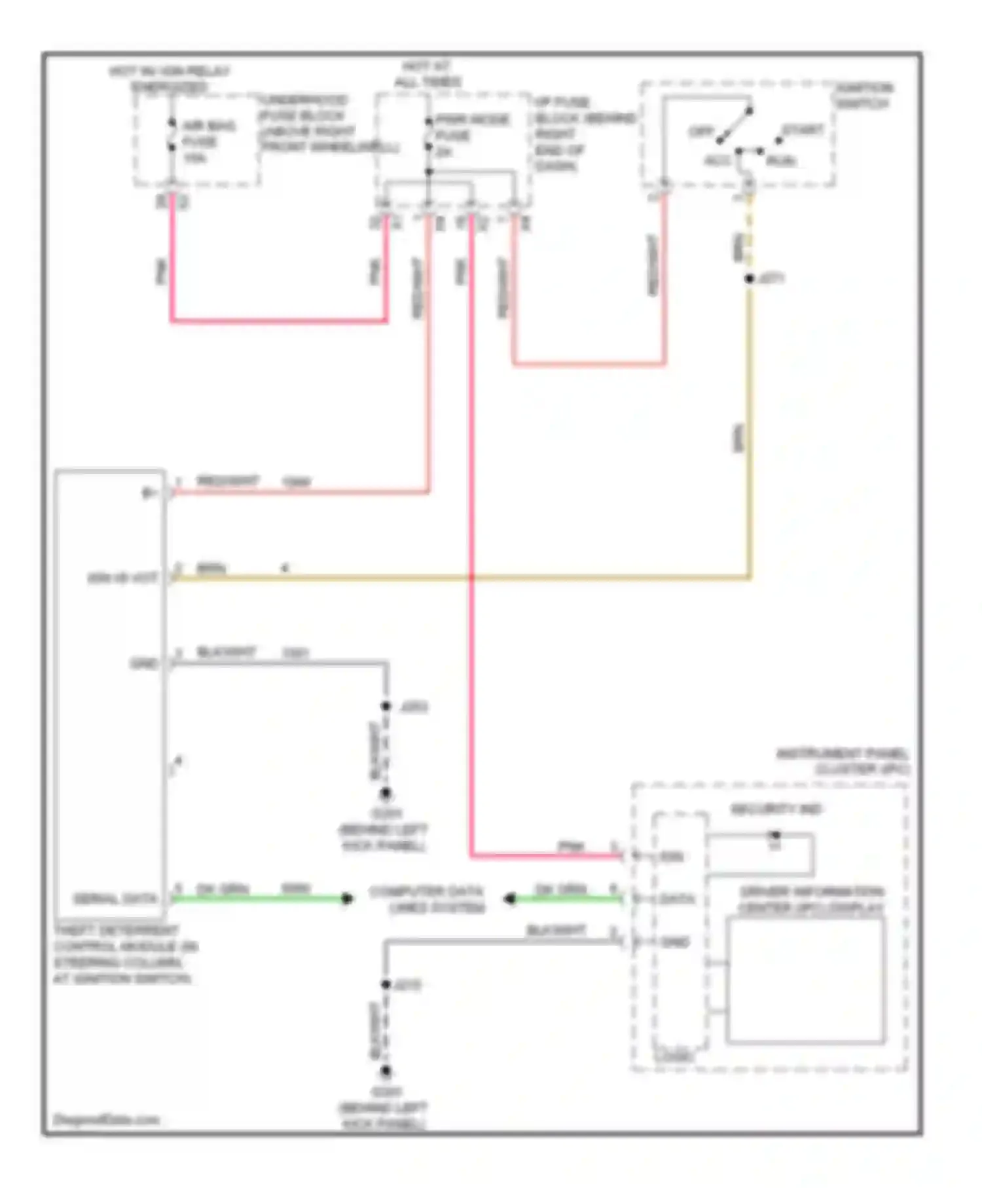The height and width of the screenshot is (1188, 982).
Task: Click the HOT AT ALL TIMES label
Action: click(x=427, y=74)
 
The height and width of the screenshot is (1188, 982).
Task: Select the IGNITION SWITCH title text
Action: click(x=864, y=96)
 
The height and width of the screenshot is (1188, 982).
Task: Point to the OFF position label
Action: click(x=700, y=132)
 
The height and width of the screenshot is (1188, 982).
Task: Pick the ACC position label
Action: click(x=718, y=160)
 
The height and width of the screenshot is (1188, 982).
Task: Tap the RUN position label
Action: click(x=781, y=160)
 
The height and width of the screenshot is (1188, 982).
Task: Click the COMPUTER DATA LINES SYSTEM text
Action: click(x=427, y=899)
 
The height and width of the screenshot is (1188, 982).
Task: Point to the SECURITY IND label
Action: click(x=776, y=809)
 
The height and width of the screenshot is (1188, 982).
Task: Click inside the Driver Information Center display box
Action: click(x=805, y=979)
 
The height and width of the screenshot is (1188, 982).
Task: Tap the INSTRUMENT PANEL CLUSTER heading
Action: click(x=843, y=762)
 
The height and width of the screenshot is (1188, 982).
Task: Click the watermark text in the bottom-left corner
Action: click(x=106, y=1119)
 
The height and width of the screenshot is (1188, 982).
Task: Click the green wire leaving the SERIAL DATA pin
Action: click(x=262, y=899)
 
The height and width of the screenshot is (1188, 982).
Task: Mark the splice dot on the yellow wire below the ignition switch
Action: click(x=750, y=279)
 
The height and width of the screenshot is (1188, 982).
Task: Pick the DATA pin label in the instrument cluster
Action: click(x=676, y=899)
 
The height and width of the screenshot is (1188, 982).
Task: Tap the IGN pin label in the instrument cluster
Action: click(x=672, y=857)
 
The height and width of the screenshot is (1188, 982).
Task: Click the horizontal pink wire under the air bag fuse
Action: click(x=278, y=321)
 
